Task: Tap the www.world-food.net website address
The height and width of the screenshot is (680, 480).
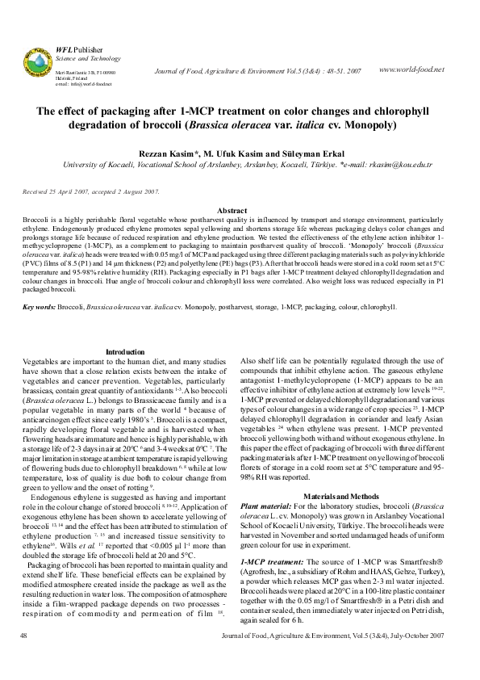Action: click(411, 69)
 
